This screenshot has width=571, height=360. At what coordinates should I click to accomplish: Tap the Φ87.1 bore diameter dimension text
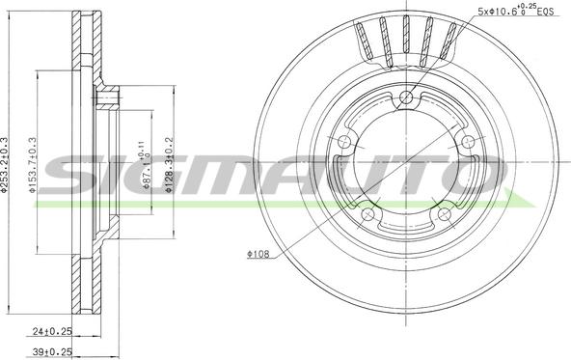(x=145, y=170)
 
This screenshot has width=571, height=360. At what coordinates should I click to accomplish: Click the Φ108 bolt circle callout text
(x=258, y=256)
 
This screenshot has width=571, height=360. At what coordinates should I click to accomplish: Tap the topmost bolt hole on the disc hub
(x=407, y=97)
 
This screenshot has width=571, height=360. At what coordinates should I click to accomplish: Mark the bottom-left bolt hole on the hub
(x=369, y=213)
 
